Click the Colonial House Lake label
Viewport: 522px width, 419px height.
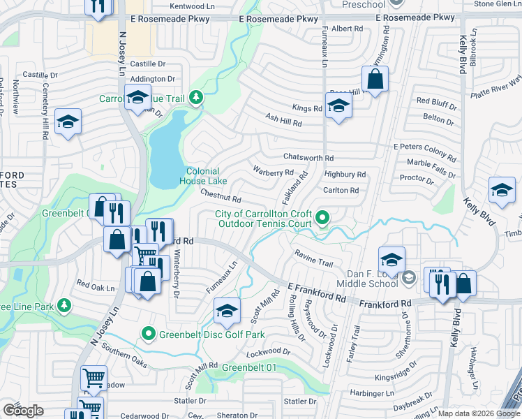tap(202, 176)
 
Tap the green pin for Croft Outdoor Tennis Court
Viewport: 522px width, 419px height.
tap(322, 218)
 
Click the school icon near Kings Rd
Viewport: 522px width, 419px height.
tap(338, 106)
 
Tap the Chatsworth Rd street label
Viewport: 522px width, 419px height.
tap(308, 158)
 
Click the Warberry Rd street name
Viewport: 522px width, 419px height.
tap(273, 172)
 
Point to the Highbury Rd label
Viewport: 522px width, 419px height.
tap(345, 174)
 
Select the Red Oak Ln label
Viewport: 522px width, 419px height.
tap(95, 286)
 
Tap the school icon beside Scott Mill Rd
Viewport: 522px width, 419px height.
tap(227, 311)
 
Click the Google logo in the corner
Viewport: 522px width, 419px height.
tap(23, 411)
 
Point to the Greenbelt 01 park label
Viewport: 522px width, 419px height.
tap(250, 367)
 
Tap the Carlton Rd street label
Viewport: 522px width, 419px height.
tap(341, 190)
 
